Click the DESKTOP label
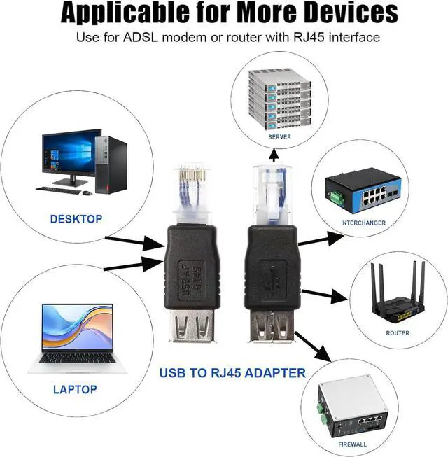(76, 219)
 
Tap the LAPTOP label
(75, 389)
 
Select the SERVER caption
(279, 137)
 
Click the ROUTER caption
(398, 333)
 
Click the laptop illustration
(76, 336)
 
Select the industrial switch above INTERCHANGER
(362, 194)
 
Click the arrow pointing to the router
(318, 293)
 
